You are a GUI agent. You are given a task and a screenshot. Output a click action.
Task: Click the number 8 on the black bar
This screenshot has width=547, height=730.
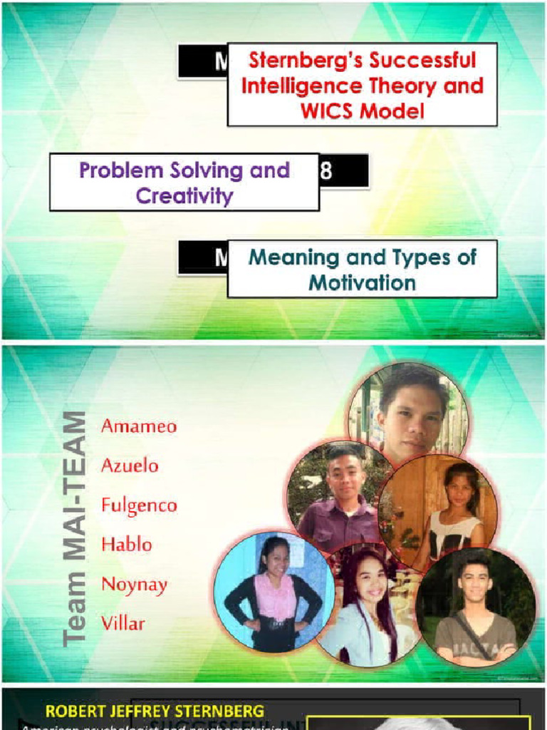pos(326,172)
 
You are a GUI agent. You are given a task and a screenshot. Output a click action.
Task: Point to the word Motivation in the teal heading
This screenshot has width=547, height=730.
pos(362,282)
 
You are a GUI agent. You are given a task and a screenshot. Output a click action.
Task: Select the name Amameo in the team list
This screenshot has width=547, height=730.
pos(139,426)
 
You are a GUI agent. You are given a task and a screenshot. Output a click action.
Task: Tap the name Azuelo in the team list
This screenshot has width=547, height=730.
pos(130,466)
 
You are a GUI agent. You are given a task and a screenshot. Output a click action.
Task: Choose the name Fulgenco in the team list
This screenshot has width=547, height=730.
pos(139,505)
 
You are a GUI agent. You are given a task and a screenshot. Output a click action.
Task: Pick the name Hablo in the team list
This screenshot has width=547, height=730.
pos(127,545)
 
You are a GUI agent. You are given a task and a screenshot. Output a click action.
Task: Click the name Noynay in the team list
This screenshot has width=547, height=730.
pos(134,585)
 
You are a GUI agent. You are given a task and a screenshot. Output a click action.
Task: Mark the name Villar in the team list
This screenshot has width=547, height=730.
pos(123,624)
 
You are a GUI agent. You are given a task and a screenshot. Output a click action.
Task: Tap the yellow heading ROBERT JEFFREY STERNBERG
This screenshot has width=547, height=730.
pos(155,711)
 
